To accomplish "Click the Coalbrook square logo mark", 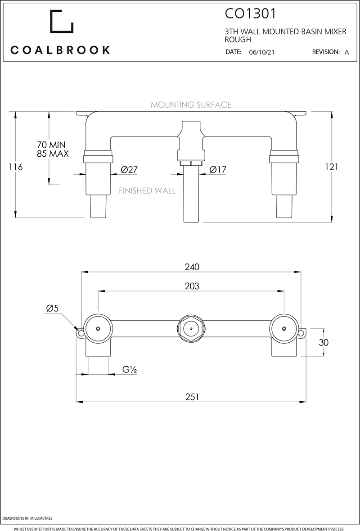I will (62, 21).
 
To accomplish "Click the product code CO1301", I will (250, 14).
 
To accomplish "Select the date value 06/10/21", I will (261, 52).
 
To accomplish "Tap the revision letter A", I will (346, 52).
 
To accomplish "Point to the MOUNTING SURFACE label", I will (191, 105).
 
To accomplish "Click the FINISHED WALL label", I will (147, 191).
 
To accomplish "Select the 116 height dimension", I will (16, 167).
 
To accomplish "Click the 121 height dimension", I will (331, 167).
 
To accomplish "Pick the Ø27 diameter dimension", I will (129, 170).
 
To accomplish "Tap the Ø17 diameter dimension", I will (218, 170).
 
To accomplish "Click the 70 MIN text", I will (51, 145).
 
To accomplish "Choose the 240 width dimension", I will (192, 267).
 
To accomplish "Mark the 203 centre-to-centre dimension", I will (192, 286).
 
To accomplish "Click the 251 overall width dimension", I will (192, 396).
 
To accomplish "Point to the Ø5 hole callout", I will (52, 309).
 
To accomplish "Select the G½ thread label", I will (130, 370).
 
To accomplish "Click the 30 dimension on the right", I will (323, 342).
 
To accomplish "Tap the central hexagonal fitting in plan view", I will (191, 329).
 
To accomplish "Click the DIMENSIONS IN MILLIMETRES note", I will (27, 519).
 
